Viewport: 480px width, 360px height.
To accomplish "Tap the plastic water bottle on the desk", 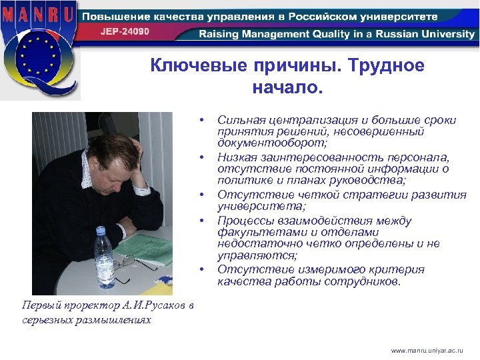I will pyautogui.click(x=103, y=256).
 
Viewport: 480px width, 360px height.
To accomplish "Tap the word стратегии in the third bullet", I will pyautogui.click(x=361, y=195).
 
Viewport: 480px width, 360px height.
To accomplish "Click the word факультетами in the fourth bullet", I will pyautogui.click(x=255, y=233).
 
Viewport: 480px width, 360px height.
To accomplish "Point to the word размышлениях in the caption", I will pyautogui.click(x=111, y=320).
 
